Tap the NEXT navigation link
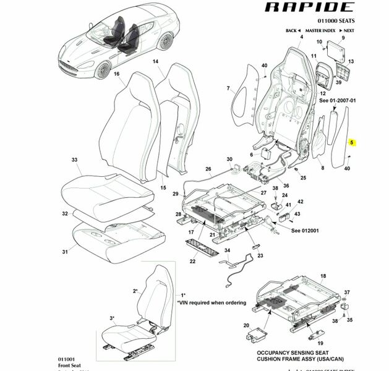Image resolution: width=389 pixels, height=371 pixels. [348, 30]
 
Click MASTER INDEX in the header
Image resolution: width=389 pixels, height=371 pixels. [320, 30]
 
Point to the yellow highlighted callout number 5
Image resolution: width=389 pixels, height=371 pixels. [352, 142]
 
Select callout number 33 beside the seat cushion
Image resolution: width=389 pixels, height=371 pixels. [74, 160]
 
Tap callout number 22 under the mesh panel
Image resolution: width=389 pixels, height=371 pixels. [192, 262]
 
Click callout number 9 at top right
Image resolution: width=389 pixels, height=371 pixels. [343, 38]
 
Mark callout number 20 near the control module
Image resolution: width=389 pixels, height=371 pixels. [246, 325]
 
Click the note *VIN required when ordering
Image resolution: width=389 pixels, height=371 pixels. [211, 303]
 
